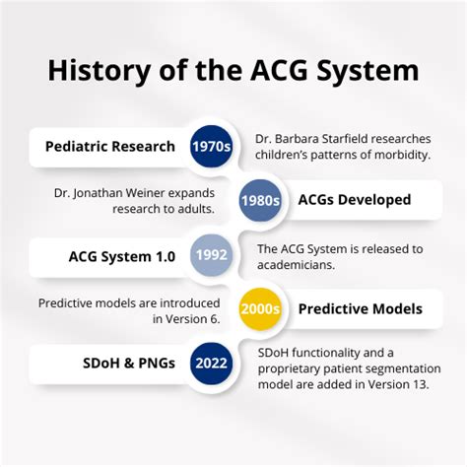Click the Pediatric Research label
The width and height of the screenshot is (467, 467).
tap(109, 147)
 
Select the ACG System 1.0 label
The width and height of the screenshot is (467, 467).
tap(122, 256)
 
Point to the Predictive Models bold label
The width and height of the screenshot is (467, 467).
tap(360, 308)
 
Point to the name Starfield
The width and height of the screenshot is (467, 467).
tap(378, 138)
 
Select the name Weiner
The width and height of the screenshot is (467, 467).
tap(149, 192)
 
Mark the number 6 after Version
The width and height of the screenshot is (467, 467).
tap(229, 317)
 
